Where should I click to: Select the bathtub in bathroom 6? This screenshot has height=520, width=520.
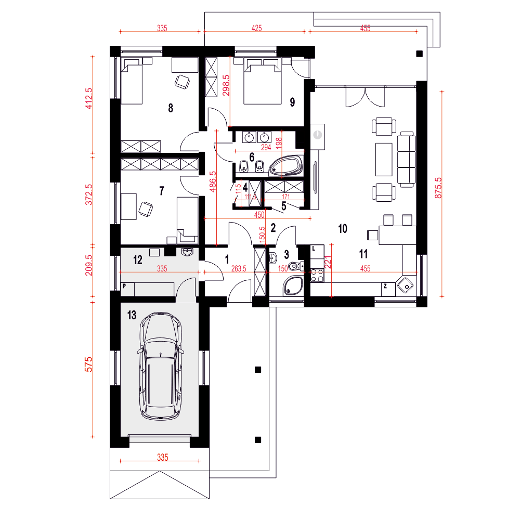click(286, 165)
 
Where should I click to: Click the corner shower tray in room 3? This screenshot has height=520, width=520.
click(293, 286)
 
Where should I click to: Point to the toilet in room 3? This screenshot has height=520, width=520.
click(296, 266)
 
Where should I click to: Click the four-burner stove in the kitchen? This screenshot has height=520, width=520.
click(317, 275)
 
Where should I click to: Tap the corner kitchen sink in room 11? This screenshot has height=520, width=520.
click(405, 285)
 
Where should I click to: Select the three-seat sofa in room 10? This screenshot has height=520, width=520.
click(406, 160)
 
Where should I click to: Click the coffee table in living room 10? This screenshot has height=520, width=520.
click(384, 160)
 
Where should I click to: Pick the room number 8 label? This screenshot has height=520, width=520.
click(171, 108)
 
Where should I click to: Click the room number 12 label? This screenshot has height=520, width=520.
click(138, 259)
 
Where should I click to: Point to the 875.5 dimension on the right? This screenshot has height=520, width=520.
click(438, 188)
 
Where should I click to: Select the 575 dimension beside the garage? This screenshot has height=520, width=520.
click(88, 364)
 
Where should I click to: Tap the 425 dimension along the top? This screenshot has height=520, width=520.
click(257, 28)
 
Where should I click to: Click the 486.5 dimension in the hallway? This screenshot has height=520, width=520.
click(213, 181)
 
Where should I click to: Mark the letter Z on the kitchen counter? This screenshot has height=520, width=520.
click(385, 286)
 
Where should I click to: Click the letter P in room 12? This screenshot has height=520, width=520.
click(124, 286)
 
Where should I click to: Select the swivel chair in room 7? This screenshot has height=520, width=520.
click(146, 209)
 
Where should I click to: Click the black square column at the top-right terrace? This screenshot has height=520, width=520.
click(420, 54)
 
